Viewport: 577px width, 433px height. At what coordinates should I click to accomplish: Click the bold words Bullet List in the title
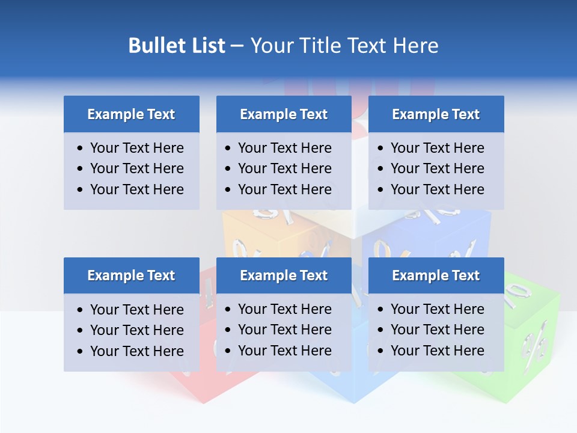coord(177,45)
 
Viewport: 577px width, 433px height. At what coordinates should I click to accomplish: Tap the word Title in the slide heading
coord(322,45)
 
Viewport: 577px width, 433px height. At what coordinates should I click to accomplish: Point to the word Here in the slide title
coord(415,45)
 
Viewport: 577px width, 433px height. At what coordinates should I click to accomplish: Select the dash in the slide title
coord(237,45)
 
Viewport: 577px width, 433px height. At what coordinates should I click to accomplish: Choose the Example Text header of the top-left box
coord(131,114)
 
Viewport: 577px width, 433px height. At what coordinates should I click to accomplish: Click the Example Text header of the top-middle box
coord(284,114)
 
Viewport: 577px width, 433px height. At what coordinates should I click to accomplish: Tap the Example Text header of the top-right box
coord(436,114)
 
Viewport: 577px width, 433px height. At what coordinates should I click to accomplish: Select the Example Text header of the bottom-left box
coord(131,275)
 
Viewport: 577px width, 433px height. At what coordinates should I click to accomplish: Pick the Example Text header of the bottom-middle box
coord(284,275)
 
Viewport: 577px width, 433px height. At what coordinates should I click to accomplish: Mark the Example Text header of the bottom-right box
coord(436,275)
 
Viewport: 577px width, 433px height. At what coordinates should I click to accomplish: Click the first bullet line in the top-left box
coord(136,148)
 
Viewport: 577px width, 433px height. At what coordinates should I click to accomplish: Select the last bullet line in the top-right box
coord(437,189)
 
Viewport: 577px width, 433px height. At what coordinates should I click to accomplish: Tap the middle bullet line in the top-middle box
coord(284,168)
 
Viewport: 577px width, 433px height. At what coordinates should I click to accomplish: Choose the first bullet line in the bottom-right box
coord(437,309)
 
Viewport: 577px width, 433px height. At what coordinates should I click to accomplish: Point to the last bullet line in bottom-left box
coord(136,351)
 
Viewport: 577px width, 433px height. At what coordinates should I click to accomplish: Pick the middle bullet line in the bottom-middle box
coord(284,330)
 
